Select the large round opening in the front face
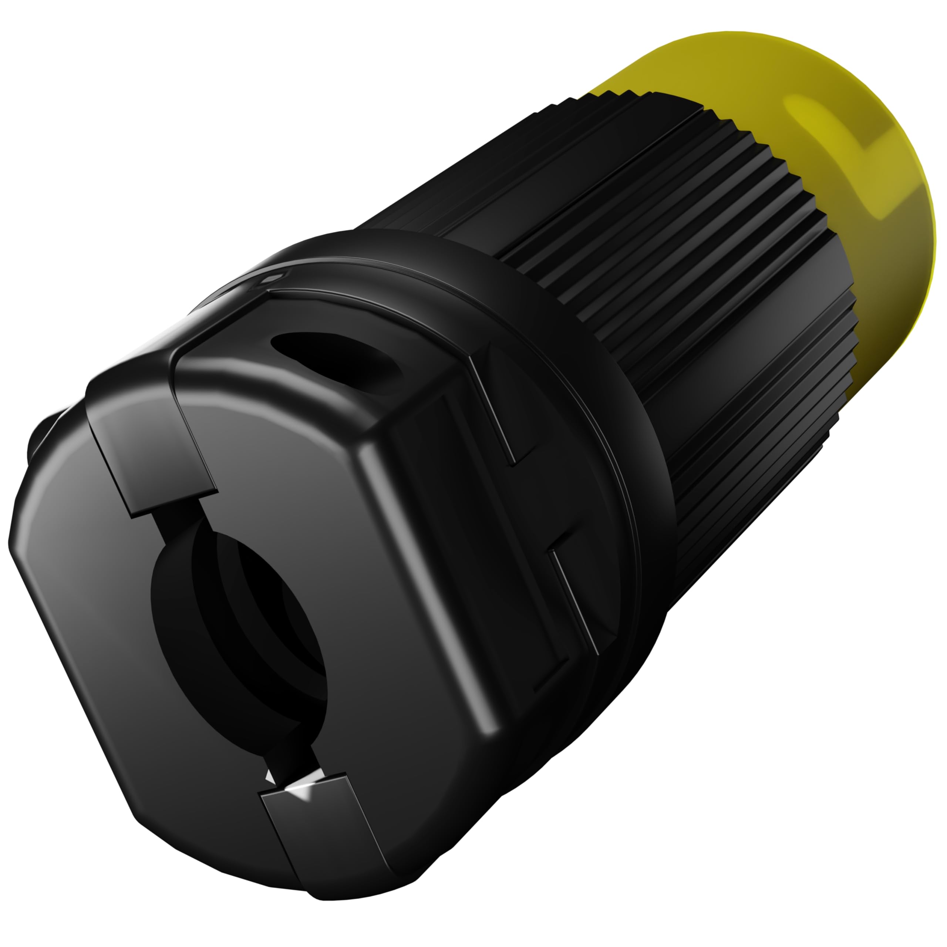240,637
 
